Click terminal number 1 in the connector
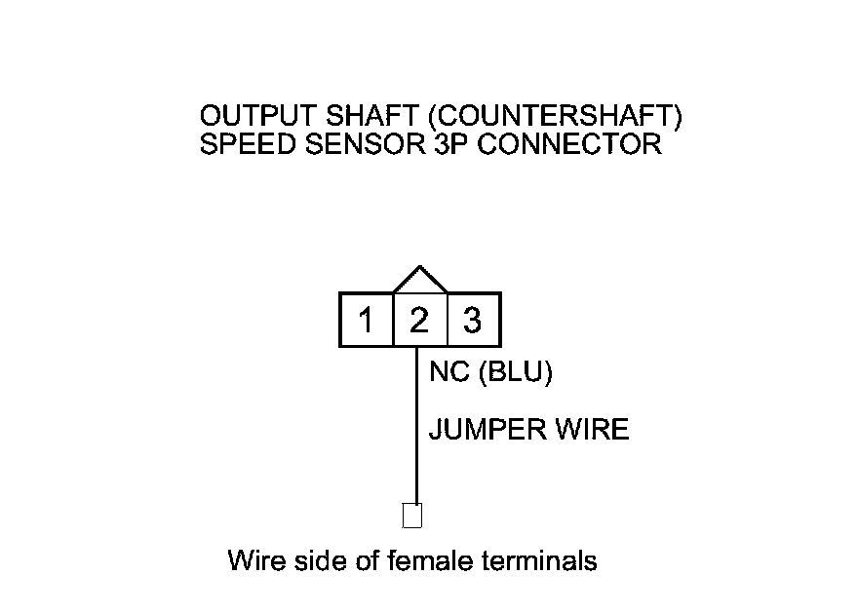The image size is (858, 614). pyautogui.click(x=366, y=320)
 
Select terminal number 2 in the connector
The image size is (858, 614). pyautogui.click(x=419, y=320)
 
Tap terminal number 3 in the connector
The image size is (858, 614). pyautogui.click(x=473, y=320)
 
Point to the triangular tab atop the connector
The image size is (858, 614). pyautogui.click(x=419, y=281)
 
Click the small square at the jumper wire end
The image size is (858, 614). pyautogui.click(x=412, y=515)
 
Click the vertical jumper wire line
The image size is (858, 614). pyautogui.click(x=417, y=429)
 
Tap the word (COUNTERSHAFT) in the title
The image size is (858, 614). pyautogui.click(x=554, y=117)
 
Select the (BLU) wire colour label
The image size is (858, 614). pyautogui.click(x=515, y=373)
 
